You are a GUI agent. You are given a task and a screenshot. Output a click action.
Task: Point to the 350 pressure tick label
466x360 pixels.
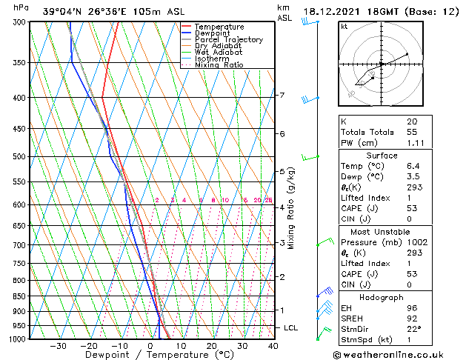(19, 63)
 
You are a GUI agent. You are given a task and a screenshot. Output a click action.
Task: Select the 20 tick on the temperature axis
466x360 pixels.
(212, 346)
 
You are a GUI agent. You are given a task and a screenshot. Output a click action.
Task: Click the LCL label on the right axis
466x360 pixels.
(292, 327)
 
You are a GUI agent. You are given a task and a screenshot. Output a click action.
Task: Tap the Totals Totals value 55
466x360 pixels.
(412, 131)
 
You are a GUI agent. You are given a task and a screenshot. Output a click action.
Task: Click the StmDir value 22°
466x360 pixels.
(413, 330)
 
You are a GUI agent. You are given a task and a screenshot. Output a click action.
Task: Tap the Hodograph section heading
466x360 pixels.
(382, 297)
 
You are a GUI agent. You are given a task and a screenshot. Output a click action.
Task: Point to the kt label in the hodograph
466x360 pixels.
(344, 26)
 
